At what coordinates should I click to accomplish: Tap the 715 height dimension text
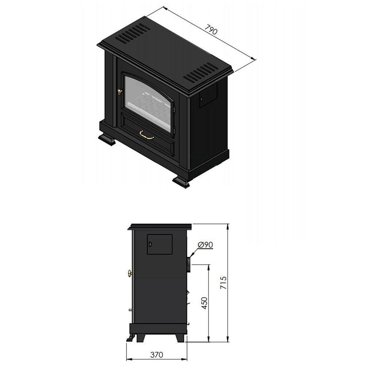click(223, 283)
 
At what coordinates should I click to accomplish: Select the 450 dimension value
click(204, 303)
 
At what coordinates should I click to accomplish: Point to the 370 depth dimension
click(157, 355)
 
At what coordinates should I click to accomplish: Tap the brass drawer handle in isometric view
click(147, 135)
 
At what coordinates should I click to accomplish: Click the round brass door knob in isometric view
click(120, 92)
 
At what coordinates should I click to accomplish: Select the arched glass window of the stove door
click(149, 96)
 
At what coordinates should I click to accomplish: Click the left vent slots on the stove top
click(133, 33)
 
